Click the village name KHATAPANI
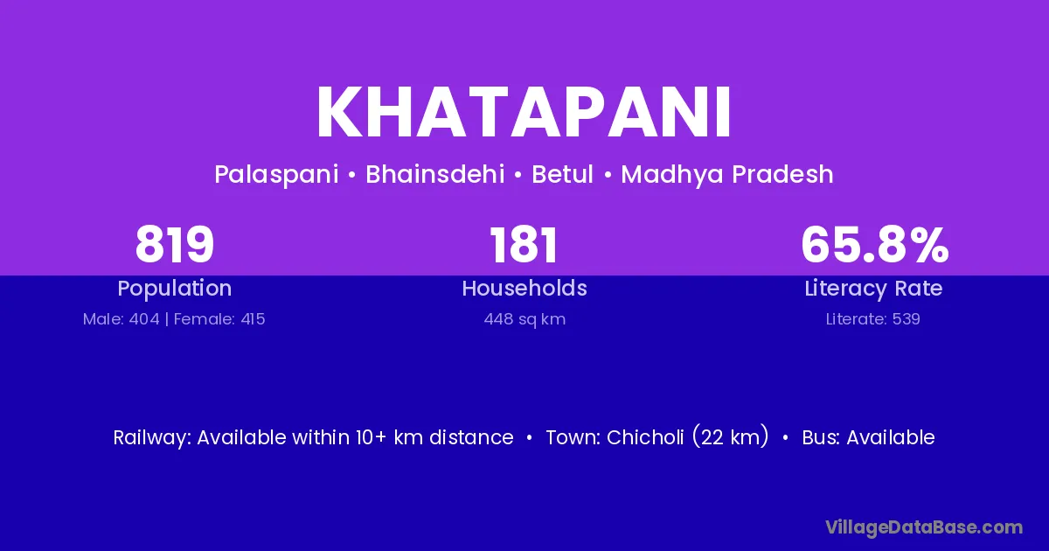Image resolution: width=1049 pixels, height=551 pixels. point(524,113)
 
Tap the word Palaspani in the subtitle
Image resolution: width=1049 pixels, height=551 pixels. point(276,175)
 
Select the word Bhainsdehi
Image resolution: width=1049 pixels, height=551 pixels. point(435,174)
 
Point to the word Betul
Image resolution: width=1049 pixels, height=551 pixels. point(562,174)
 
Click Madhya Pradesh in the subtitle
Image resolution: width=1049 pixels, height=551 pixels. point(727,175)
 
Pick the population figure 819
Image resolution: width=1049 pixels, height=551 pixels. point(175,245)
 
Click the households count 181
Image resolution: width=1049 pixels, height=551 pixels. point(524,245)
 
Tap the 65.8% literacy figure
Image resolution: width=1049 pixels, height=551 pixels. point(875,245)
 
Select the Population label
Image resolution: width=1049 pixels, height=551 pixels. point(175,289)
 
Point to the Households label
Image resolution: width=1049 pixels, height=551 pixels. point(524,288)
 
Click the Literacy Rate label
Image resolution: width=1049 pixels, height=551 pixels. point(873,289)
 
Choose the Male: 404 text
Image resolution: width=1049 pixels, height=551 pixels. point(122,319)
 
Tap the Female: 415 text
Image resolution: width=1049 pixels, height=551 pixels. point(219,319)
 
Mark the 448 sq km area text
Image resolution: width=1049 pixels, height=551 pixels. point(524,319)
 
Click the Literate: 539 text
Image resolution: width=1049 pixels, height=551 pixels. point(873,319)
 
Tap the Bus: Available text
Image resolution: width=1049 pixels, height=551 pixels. point(868,437)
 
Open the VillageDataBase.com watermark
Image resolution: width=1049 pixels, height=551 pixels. point(924,527)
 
